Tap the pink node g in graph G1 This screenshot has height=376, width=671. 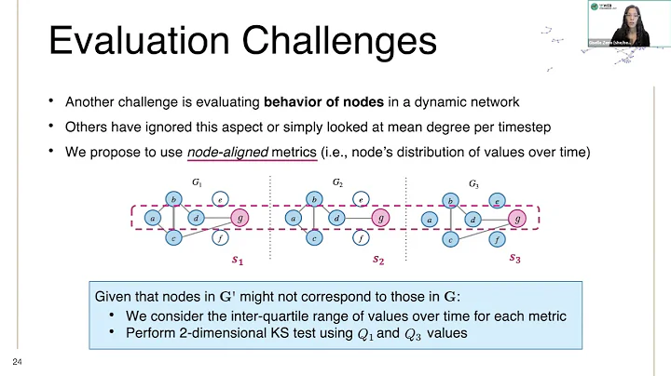242,219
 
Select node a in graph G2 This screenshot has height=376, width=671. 294,219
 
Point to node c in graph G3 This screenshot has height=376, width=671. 450,239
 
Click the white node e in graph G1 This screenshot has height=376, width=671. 219,198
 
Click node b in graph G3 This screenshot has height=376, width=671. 451,200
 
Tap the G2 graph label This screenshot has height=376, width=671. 337,184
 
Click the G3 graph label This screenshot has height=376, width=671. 474,185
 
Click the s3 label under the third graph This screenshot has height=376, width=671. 515,259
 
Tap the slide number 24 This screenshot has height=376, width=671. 16,361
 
